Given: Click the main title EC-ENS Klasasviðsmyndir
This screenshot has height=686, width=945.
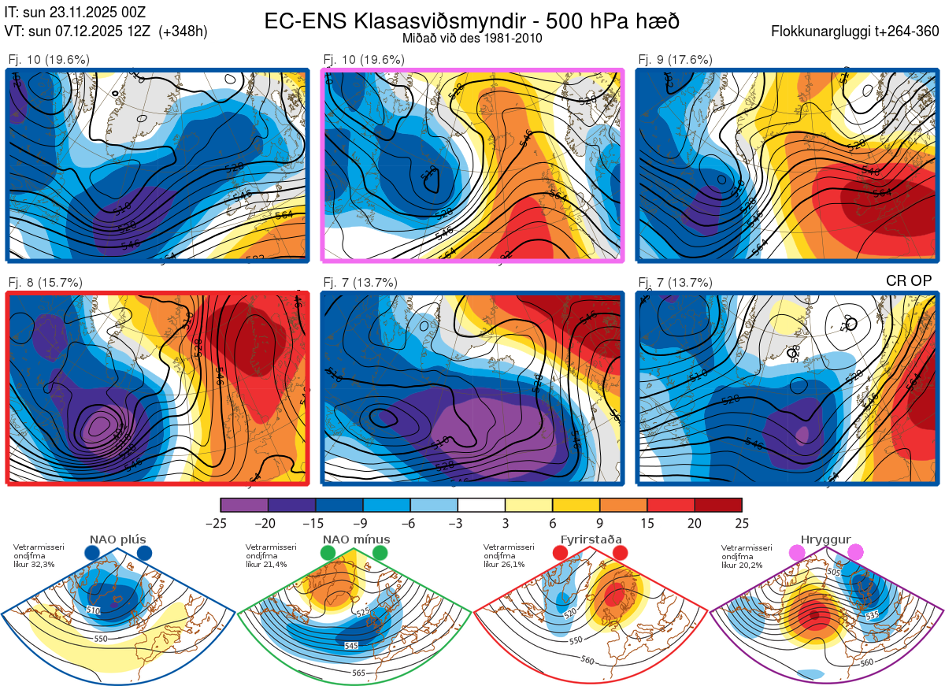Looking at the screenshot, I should click(472, 21).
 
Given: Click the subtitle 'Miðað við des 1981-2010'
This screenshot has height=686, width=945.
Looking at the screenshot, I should click(472, 38).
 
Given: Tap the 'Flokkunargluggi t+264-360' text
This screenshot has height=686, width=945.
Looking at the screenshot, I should click(858, 32).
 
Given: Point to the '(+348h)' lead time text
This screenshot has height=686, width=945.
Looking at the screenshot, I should click(183, 32).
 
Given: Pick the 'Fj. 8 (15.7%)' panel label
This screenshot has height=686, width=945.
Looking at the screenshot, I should click(45, 283).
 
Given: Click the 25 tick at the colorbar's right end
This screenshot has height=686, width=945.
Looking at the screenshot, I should click(742, 523).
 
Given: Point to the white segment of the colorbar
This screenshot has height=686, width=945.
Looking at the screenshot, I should click(481, 505).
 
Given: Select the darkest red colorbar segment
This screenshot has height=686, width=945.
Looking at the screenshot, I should click(718, 505).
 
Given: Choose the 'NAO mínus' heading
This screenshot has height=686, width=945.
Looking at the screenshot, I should click(356, 540).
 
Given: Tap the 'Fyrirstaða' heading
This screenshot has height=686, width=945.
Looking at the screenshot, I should click(591, 540).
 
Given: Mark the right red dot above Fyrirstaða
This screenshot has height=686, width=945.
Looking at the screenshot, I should click(620, 554).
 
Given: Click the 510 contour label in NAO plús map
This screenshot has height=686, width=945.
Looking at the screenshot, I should click(93, 610).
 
